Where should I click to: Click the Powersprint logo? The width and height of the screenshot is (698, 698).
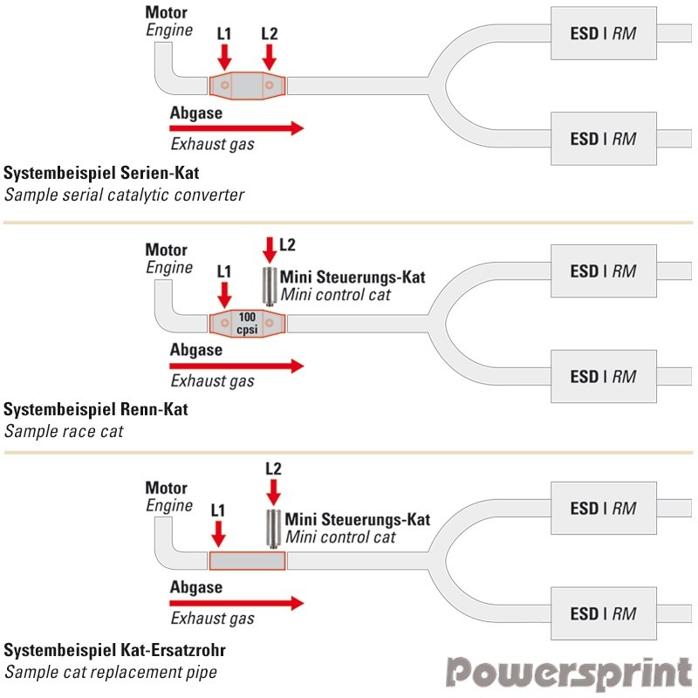[570, 674]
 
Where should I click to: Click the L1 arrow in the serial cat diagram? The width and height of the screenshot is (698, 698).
[224, 57]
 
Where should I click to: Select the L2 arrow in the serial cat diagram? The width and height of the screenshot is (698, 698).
[269, 57]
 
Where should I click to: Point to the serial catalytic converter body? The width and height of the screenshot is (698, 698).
[248, 86]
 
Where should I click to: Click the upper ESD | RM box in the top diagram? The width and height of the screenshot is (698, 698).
[603, 34]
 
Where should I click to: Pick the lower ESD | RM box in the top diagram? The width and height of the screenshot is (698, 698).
[603, 139]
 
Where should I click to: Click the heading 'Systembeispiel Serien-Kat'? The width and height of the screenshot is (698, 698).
[102, 173]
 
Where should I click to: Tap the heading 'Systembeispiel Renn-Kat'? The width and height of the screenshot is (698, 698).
[96, 409]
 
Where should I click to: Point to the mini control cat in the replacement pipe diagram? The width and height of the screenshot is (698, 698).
[273, 526]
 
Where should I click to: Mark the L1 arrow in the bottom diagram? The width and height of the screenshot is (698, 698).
[218, 531]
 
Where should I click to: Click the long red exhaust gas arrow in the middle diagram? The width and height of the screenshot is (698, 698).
[236, 366]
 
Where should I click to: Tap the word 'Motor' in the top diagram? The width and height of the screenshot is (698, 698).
[166, 13]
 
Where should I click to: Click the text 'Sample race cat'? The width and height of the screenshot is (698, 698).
[64, 430]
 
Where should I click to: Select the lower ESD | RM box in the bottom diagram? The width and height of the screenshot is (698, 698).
[603, 614]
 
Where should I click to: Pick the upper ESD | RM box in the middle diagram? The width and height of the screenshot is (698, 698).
[603, 271]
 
